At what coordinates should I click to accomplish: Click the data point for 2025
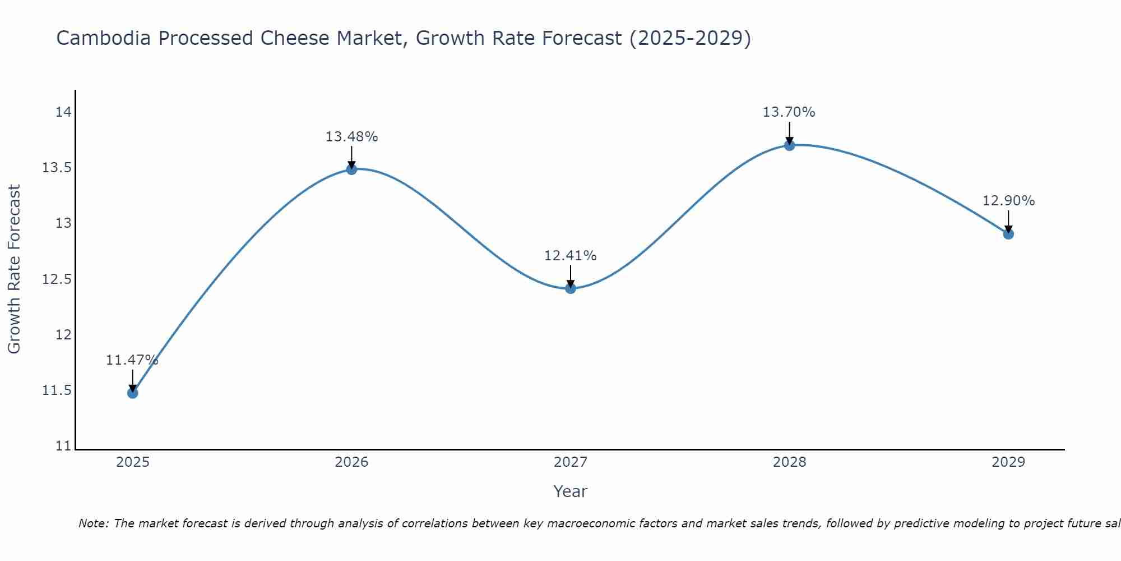tap(133, 393)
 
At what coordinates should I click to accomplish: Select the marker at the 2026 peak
tap(351, 169)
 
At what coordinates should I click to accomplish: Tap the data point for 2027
tap(571, 288)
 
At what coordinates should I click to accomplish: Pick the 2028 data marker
tap(789, 145)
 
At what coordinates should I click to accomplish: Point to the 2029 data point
tap(1008, 234)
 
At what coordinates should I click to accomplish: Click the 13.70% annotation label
tap(789, 112)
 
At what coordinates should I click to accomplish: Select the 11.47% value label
tap(132, 360)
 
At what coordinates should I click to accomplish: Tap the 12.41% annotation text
tap(570, 256)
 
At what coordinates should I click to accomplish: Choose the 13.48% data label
tap(351, 137)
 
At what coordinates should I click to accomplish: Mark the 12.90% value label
tap(1008, 201)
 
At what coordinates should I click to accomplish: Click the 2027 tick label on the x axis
tap(571, 462)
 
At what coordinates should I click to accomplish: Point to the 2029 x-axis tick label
tap(1008, 462)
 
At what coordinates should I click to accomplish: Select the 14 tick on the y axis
tap(63, 112)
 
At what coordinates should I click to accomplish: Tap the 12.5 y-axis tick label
tap(57, 279)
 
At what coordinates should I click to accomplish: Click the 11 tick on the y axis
tap(63, 447)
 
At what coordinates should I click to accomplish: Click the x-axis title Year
tap(570, 491)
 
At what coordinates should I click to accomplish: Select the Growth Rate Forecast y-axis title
tap(14, 269)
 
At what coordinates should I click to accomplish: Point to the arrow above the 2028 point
tap(789, 134)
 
